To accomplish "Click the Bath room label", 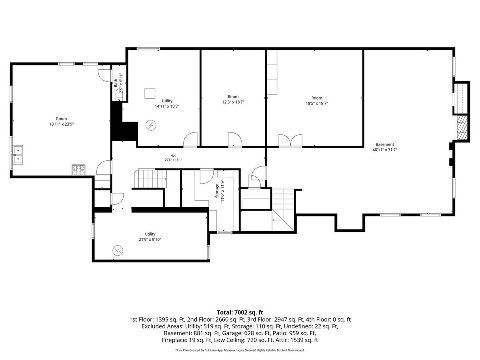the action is point(116,83).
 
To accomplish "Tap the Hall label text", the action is point(174,156).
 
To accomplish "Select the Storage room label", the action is point(217,191).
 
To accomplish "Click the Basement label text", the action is point(385,144).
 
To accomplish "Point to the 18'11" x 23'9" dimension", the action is point(62,124).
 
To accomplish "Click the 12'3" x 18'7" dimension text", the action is point(233,102).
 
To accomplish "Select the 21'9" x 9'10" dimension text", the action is point(150,239).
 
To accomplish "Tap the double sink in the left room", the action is point(18,154).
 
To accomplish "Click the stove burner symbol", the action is point(78,170).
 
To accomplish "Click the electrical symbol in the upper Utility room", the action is point(151,125).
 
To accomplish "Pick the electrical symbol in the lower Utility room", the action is point(118,250).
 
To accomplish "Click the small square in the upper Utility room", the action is point(150,93).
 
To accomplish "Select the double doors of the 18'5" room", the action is point(290,140).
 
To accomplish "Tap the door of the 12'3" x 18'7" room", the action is point(235,139).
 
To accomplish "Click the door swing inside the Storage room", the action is point(207,176).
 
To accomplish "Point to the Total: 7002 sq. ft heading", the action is point(240,312).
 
